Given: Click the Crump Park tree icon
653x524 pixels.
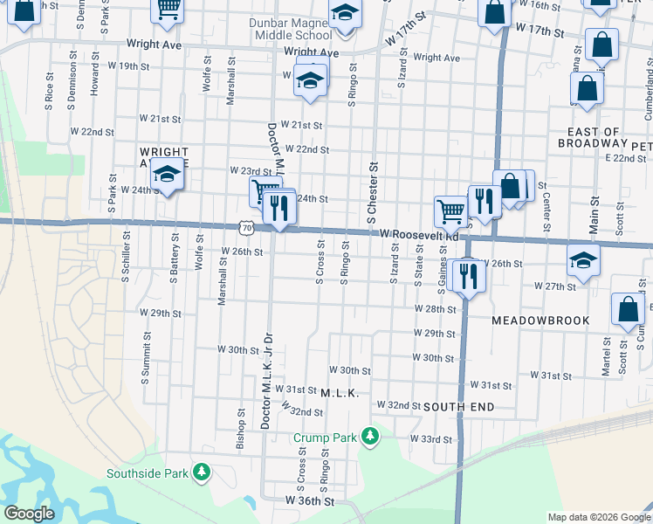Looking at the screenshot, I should pyautogui.click(x=371, y=436).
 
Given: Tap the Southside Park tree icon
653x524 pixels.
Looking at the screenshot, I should pyautogui.click(x=202, y=473).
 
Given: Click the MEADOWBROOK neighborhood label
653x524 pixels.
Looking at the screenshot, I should pyautogui.click(x=540, y=321).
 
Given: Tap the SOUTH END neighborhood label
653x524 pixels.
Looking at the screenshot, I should pyautogui.click(x=458, y=407).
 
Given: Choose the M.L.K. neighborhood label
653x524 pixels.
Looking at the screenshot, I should pyautogui.click(x=340, y=394).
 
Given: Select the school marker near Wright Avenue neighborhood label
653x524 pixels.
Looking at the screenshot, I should pyautogui.click(x=166, y=173).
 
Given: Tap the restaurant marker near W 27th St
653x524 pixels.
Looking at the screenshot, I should pyautogui.click(x=469, y=275).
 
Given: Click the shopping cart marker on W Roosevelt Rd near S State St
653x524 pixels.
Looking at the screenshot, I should pyautogui.click(x=450, y=210).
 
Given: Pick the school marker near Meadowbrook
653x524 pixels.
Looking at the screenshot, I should pyautogui.click(x=583, y=260).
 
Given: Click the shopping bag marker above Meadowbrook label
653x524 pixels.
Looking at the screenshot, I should pyautogui.click(x=628, y=308).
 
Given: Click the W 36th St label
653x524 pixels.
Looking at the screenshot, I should pyautogui.click(x=310, y=501).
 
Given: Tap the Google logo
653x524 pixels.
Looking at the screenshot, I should pyautogui.click(x=29, y=514).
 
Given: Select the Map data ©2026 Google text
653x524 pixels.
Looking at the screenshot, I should pyautogui.click(x=599, y=517).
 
